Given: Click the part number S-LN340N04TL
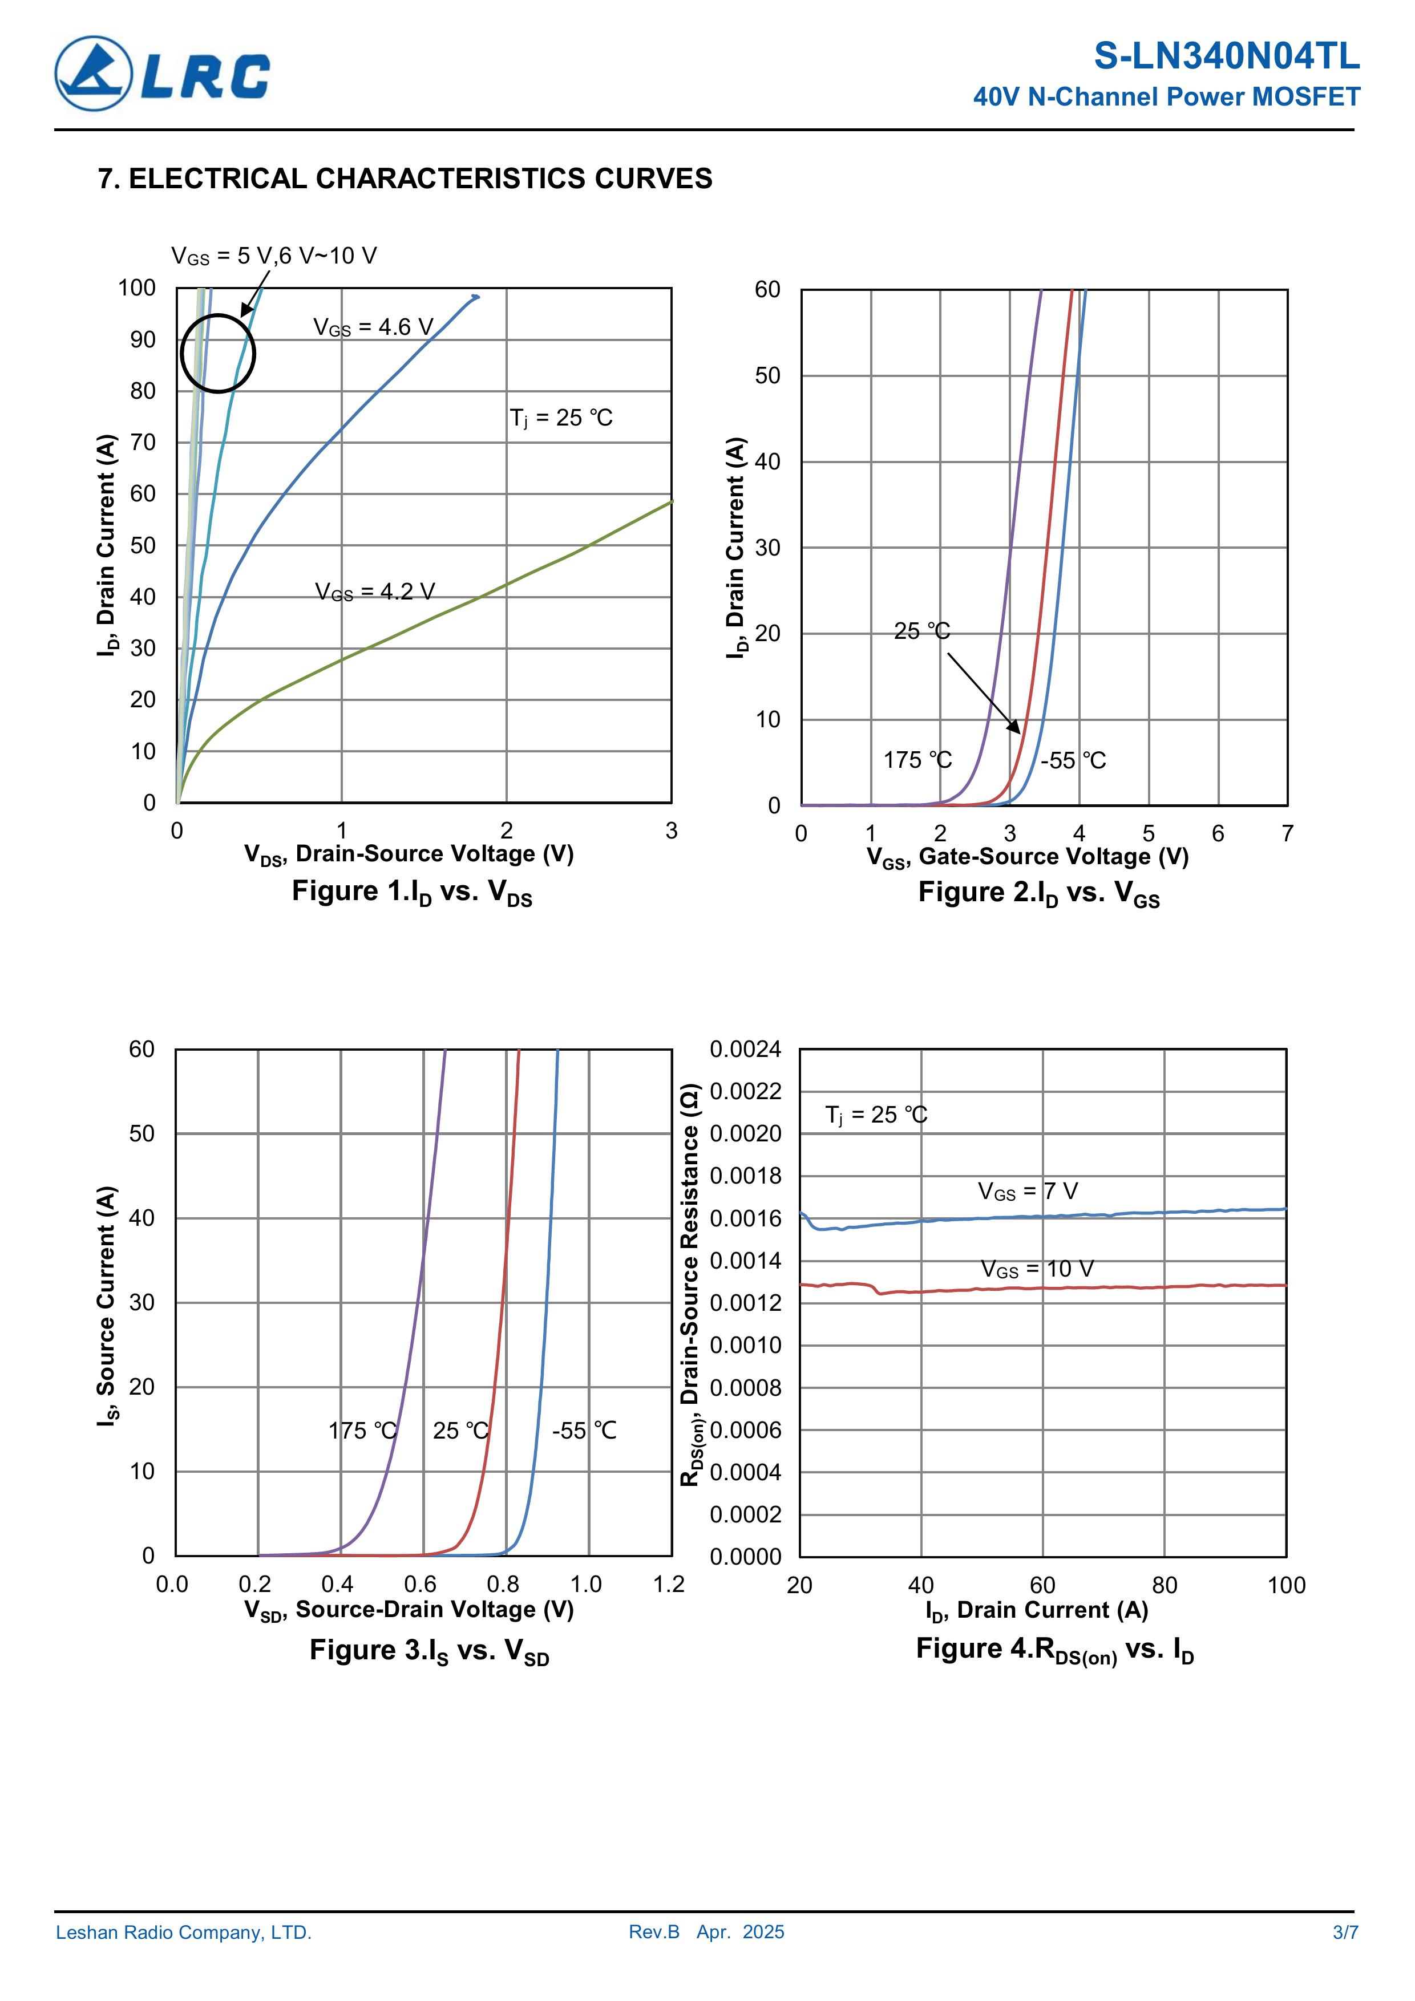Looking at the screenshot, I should (1226, 56).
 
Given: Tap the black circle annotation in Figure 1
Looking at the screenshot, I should (218, 353).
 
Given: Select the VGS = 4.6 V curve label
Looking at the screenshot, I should (373, 327).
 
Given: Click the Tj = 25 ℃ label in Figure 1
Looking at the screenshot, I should (561, 418).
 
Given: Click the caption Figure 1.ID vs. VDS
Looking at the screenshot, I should (411, 893).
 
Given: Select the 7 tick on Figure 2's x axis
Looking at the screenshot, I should (1287, 834).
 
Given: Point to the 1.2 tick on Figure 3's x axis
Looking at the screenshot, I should (669, 1585).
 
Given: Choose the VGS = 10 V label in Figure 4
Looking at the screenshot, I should (1037, 1269).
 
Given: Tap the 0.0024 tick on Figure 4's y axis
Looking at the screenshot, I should (745, 1050).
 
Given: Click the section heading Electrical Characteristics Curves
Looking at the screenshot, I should (406, 179).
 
